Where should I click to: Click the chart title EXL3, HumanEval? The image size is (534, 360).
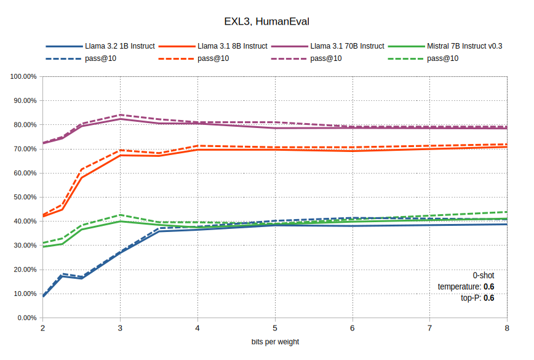tap(266, 22)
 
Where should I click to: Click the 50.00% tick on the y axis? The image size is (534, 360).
tap(24, 197)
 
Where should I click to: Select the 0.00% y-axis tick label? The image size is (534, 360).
tap(25, 318)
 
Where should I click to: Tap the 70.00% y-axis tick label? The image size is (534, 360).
tap(24, 149)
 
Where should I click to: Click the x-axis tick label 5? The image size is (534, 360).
tap(275, 328)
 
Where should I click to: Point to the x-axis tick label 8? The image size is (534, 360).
tap(507, 328)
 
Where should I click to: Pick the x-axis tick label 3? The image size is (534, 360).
tap(120, 328)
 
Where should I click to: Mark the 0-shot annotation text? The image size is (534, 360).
tap(483, 276)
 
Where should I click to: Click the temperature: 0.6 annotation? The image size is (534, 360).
tap(466, 287)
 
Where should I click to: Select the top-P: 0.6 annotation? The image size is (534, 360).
tap(477, 298)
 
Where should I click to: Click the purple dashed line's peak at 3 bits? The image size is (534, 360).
tap(120, 115)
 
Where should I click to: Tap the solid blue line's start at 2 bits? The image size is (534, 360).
tap(43, 297)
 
